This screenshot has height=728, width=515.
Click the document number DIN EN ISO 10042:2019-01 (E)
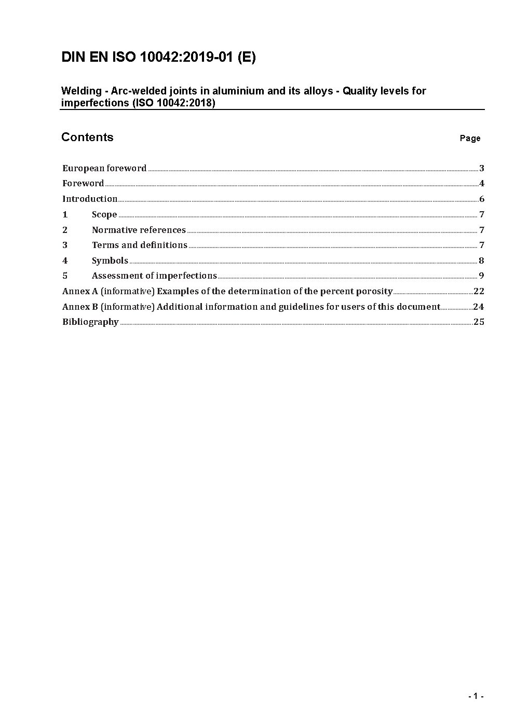click(158, 57)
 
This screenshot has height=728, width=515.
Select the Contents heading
click(87, 137)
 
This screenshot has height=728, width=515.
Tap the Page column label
click(470, 138)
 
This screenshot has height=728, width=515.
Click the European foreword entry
click(104, 168)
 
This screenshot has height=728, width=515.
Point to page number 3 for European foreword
click(482, 168)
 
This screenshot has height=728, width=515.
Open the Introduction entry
click(90, 199)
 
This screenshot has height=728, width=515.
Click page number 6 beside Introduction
click(482, 199)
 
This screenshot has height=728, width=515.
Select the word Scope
click(104, 214)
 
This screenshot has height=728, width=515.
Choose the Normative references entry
click(139, 230)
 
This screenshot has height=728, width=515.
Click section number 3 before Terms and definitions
click(65, 245)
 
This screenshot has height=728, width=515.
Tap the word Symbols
click(110, 260)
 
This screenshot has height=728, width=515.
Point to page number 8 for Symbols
click(482, 260)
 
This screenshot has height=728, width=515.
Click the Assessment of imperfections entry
click(154, 276)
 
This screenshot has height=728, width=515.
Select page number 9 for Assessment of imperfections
click(482, 276)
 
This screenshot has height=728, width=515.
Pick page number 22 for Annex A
click(479, 291)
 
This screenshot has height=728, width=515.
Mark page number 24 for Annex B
click(479, 307)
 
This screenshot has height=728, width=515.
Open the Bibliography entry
click(90, 322)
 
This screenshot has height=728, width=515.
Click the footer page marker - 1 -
click(476, 696)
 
